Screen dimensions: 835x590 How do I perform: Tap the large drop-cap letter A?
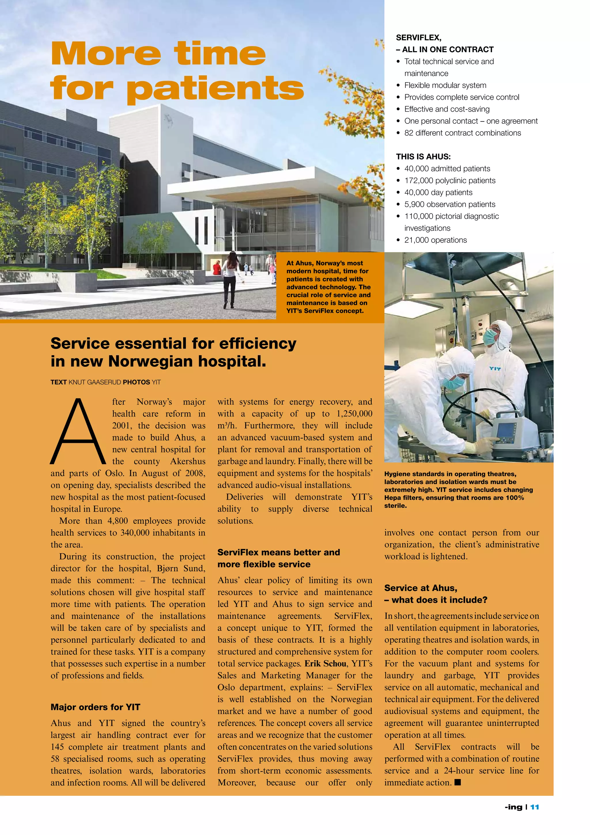point(77,432)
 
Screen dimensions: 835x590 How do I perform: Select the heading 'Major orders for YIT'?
point(95,707)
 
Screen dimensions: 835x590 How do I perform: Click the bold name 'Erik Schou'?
point(325,663)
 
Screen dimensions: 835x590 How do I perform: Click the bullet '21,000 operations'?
point(435,240)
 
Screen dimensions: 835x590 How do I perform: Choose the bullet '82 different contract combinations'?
point(462,133)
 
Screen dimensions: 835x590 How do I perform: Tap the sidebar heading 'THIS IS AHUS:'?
point(423,157)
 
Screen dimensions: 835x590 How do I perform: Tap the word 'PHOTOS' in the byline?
point(136,382)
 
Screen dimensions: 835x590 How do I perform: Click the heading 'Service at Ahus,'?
point(421,588)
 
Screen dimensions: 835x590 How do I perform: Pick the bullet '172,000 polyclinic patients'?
point(450,180)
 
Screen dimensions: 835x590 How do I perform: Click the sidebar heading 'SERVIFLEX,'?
point(419,37)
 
